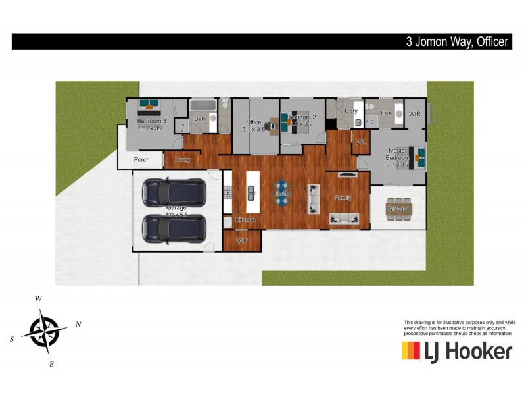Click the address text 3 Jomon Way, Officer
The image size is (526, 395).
pos(456,42)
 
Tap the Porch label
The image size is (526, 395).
pos(141,159)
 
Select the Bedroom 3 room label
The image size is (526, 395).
pos(151,122)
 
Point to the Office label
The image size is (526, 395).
pos(254,122)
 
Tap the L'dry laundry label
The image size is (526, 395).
pos(351,111)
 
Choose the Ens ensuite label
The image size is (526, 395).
pos(386,113)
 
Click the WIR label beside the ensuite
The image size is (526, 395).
pos(414,114)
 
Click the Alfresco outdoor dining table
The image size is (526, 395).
pos(398,207)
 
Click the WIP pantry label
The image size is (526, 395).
pos(241,240)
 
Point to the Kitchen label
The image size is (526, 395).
pos(245,219)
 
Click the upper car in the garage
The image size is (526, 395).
pos(174,192)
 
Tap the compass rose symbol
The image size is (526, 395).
pos(44,330)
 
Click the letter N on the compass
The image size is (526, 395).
pos(78,324)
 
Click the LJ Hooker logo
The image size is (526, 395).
pos(457,351)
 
